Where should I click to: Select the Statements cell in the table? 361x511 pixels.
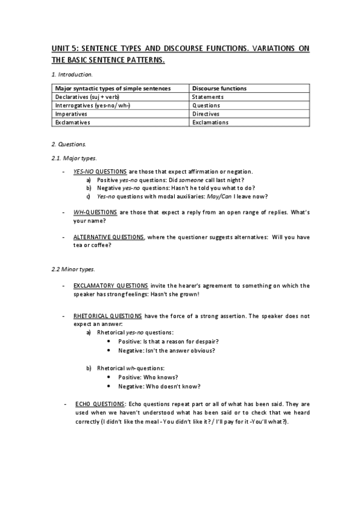tap(208, 96)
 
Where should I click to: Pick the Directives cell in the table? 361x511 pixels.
tap(206, 113)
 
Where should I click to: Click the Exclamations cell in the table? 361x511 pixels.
tap(210, 122)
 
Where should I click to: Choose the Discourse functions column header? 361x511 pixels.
tap(219, 88)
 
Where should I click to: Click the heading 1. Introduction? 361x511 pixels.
tap(71, 75)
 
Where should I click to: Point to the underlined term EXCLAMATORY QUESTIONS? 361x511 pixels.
tap(110, 286)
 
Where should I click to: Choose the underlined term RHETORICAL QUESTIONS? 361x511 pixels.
tap(108, 315)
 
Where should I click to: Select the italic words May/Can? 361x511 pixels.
tap(216, 196)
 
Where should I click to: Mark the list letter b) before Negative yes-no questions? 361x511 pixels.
tap(89, 188)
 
